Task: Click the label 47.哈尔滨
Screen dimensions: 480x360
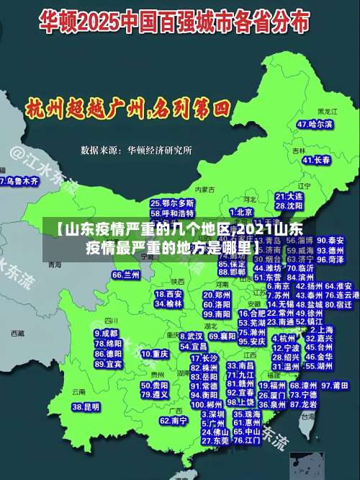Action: (x=315, y=125)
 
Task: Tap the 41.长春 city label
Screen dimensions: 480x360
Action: (x=314, y=159)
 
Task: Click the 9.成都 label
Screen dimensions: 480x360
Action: (x=106, y=334)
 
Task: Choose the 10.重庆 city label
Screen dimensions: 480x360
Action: (x=155, y=355)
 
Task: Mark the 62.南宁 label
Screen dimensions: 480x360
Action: (x=174, y=420)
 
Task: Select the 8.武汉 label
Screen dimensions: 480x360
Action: (x=192, y=336)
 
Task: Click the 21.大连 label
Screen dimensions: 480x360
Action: (x=289, y=196)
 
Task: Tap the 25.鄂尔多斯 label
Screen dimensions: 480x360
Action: (x=172, y=204)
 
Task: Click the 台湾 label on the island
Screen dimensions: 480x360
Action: (x=308, y=416)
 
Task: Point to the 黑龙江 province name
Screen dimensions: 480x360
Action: (x=328, y=112)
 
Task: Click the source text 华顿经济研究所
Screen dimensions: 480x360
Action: (x=159, y=150)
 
